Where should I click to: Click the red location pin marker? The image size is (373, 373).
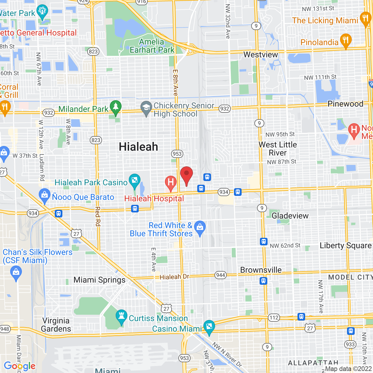186,175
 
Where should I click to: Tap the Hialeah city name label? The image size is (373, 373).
138,147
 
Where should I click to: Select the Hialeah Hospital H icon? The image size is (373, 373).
171,183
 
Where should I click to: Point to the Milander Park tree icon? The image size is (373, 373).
116,107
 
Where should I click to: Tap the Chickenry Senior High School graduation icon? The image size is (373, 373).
146,108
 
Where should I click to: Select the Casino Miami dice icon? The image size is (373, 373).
209,327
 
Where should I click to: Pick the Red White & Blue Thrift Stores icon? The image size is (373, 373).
200,227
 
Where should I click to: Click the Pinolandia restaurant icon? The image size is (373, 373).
346,41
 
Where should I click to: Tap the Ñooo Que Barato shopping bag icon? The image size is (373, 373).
45,195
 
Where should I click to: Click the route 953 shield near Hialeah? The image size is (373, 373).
177,154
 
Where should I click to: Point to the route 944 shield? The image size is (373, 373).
221,275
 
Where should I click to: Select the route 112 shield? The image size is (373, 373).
274,317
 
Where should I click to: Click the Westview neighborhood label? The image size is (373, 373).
261,54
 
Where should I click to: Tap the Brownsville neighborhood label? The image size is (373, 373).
261,270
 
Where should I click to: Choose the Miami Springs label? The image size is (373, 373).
99,280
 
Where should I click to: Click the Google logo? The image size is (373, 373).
20,366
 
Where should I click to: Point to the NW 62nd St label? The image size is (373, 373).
285,246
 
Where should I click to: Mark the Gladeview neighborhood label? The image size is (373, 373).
290,216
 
